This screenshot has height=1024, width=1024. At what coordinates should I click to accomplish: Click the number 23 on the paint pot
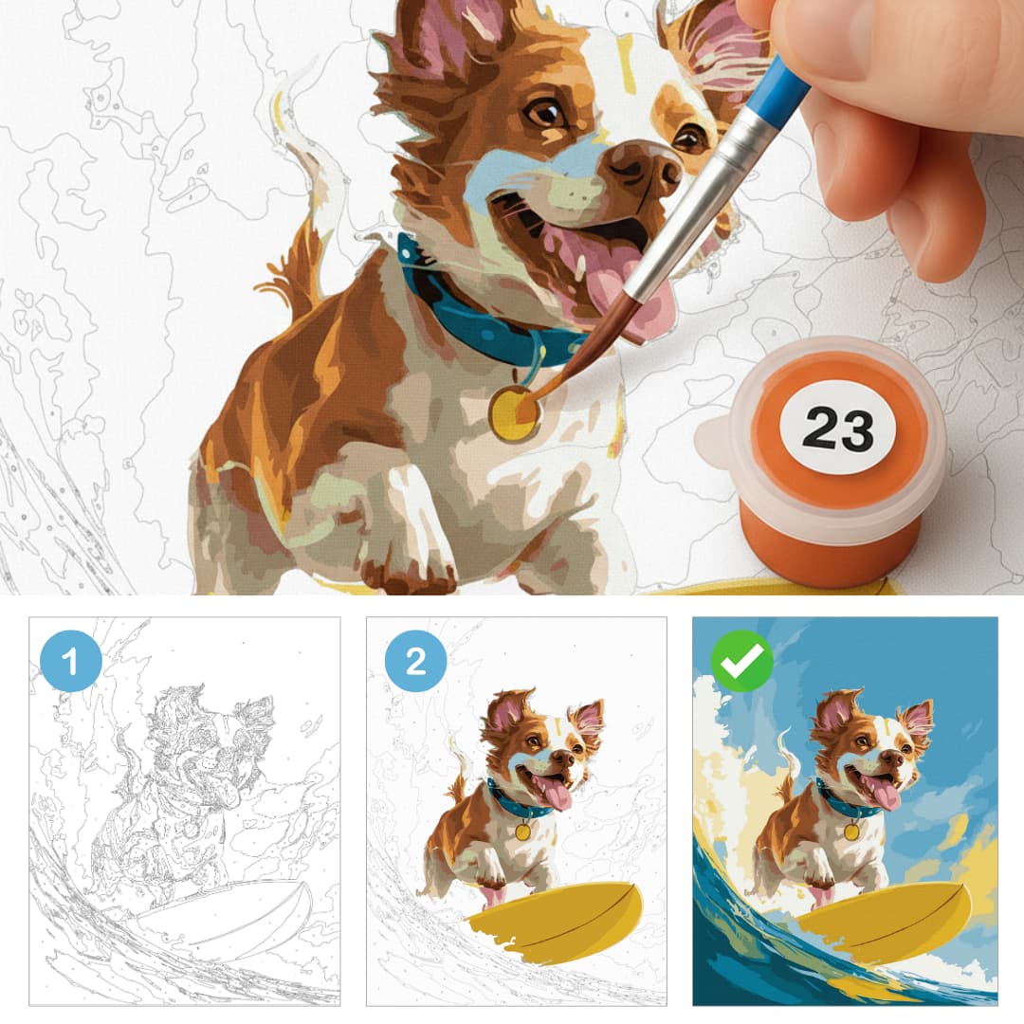point(838,429)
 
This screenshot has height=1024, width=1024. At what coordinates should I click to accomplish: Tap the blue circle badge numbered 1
point(70,661)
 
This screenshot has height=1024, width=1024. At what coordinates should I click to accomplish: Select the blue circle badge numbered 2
point(415,661)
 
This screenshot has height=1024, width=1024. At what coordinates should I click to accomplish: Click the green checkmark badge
point(741,661)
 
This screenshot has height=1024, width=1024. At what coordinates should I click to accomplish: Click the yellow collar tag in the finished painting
point(851,832)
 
